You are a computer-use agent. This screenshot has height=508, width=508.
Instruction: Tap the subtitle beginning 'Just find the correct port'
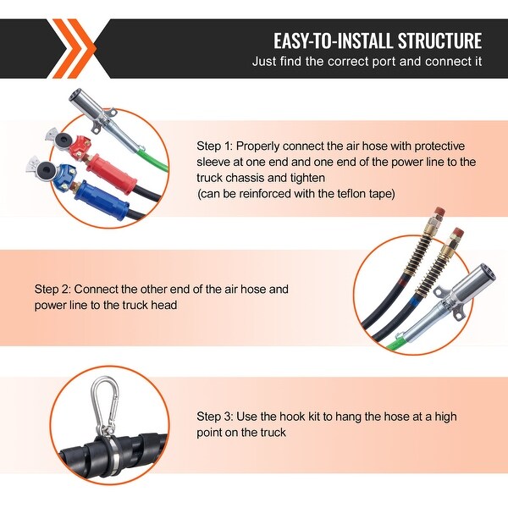tap(367, 62)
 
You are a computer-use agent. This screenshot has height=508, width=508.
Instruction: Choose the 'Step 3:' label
tap(217, 417)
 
